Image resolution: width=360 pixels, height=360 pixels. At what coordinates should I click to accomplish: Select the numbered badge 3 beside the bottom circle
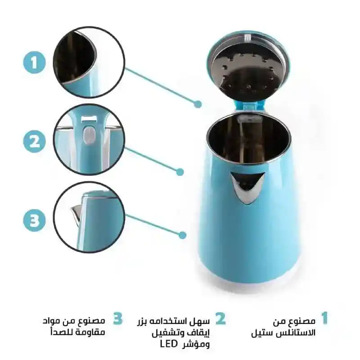[x=34, y=220]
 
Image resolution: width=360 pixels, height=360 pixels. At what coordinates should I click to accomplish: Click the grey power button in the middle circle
[x=89, y=134]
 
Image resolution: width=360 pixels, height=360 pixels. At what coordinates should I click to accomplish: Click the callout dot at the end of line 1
[x=198, y=104]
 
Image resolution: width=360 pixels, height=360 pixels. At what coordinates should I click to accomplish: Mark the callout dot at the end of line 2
[x=180, y=171]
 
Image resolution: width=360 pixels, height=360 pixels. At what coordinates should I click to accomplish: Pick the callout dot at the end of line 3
[x=182, y=234]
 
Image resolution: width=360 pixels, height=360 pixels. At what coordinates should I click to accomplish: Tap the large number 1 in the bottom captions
[x=324, y=319]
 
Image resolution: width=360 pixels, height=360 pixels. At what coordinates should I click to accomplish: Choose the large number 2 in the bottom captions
[x=220, y=319]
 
